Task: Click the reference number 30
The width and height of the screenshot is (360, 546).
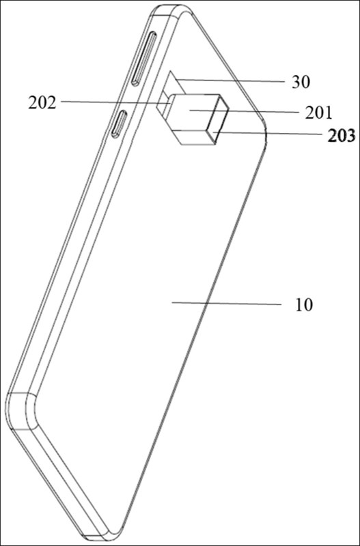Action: click(301, 83)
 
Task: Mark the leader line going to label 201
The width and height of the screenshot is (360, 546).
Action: click(246, 109)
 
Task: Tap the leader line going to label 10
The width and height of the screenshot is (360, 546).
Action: click(225, 303)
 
